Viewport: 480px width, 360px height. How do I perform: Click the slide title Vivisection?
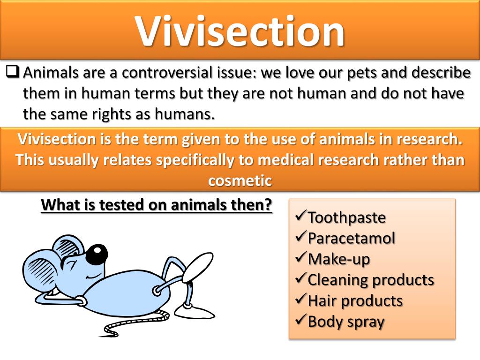point(240,30)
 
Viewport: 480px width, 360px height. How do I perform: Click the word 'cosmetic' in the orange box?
point(240,180)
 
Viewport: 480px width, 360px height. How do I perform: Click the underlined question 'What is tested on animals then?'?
point(157,205)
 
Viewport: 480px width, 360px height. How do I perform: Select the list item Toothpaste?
point(346,217)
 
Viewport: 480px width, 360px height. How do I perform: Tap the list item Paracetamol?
point(351,238)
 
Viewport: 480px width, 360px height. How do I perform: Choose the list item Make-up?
point(338,259)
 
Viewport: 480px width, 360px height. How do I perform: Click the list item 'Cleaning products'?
point(370,280)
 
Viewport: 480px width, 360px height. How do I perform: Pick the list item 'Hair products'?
point(355,300)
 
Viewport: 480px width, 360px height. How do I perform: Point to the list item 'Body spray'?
point(346,322)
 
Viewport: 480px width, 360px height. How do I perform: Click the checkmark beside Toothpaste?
point(300,217)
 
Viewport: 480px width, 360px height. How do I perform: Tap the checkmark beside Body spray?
point(300,321)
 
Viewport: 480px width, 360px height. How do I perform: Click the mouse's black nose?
point(97,254)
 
